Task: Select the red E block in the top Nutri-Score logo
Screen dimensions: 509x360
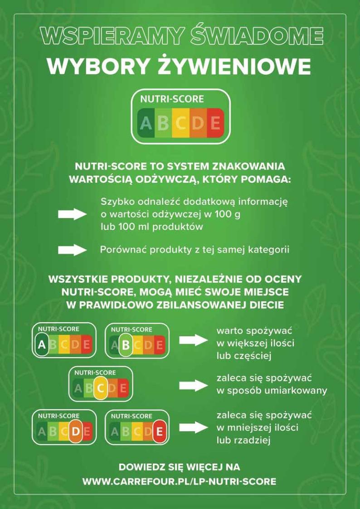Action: point(215,122)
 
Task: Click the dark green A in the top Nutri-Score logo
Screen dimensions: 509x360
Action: point(146,122)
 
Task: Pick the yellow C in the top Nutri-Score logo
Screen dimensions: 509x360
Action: point(181,122)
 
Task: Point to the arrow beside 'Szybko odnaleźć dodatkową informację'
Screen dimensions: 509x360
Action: point(72,214)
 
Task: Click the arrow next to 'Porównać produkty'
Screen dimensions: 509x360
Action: point(72,250)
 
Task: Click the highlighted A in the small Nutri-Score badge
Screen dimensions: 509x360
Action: point(42,344)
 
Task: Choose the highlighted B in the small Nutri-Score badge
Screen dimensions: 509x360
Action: point(126,345)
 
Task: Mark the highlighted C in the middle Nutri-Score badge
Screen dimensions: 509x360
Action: point(101,388)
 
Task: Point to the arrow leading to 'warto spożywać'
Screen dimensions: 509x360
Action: point(193,340)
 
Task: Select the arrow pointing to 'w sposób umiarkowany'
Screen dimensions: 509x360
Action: point(193,386)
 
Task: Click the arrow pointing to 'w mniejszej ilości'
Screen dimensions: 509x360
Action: point(193,427)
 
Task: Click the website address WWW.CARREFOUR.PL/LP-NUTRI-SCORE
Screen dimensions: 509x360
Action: point(179,481)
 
